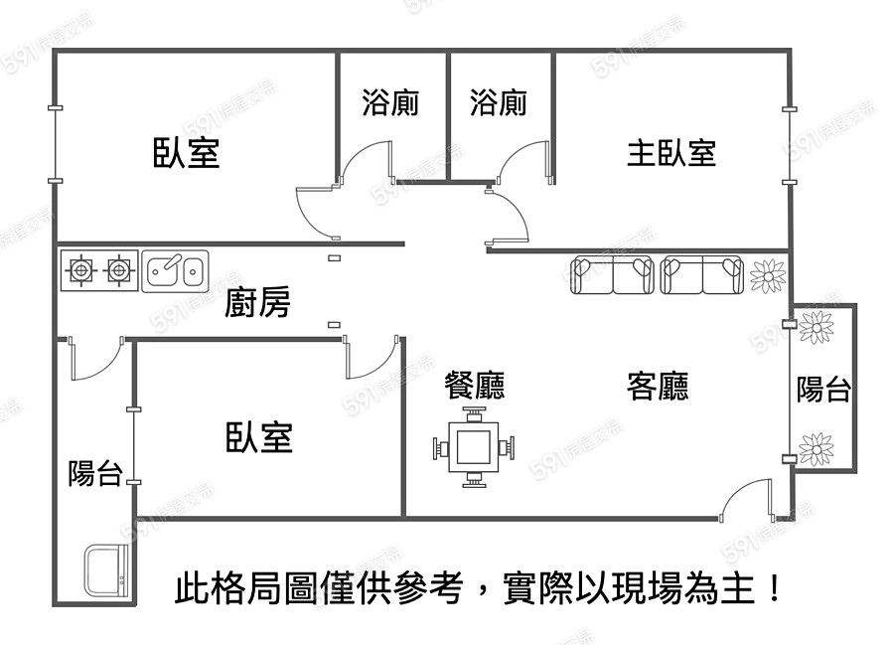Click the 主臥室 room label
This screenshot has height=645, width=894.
(x=671, y=153)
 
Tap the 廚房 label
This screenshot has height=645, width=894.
(x=257, y=302)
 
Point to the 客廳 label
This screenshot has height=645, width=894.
(x=658, y=385)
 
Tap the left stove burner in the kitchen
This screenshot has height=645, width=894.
(x=80, y=268)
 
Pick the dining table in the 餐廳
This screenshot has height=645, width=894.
(x=474, y=449)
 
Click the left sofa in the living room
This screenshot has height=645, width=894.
(x=613, y=274)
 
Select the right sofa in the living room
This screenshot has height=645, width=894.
(x=702, y=274)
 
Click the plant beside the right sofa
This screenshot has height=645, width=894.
(x=767, y=274)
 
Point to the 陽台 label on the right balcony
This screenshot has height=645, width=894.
(x=823, y=390)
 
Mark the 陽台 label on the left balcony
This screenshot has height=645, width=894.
(x=94, y=474)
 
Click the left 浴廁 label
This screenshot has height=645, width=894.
(x=389, y=102)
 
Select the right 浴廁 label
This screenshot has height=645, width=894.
(x=498, y=102)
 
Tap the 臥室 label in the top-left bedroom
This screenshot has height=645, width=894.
(x=186, y=153)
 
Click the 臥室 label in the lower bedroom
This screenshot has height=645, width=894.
(x=259, y=437)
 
